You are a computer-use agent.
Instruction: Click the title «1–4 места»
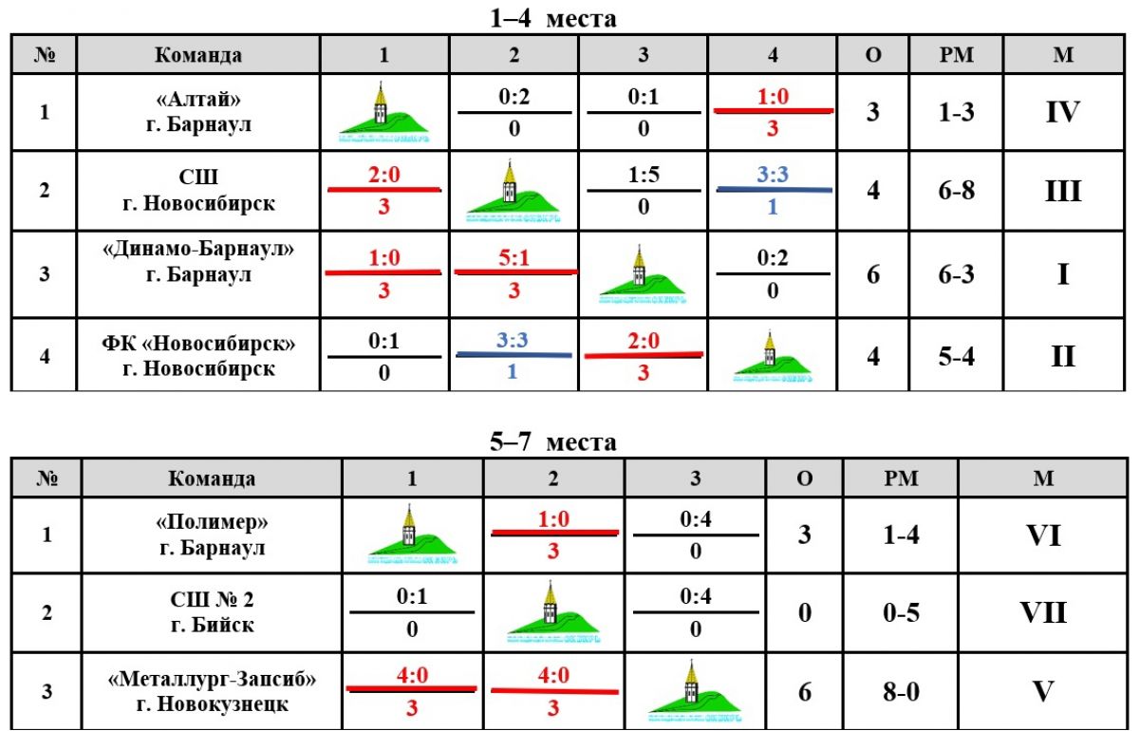point(553,18)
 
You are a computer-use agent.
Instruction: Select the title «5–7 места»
point(553,441)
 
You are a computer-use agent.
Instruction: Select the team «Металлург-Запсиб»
point(212,679)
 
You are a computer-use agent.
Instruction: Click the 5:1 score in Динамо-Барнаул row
point(513,258)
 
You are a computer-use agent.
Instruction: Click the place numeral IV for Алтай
point(1062,113)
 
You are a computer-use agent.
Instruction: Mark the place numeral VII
point(1043,612)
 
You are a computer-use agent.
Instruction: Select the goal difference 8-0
point(900,691)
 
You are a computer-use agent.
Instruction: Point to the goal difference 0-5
point(900,613)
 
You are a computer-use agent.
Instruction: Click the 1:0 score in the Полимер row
point(552,520)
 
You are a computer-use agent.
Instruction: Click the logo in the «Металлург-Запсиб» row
point(695,690)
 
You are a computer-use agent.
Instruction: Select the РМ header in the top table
point(956,54)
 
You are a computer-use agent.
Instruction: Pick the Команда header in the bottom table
point(212,478)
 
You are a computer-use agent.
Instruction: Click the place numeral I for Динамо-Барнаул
point(1062,275)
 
